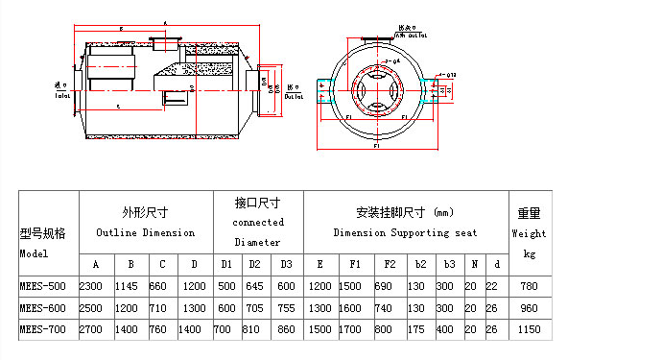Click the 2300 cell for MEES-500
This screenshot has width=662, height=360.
pos(90,287)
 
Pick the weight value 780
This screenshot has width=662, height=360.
pos(529,287)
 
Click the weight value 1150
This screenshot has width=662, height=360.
pos(529,329)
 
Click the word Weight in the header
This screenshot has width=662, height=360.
pos(529,233)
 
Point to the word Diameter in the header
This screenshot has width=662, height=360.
pos(258,243)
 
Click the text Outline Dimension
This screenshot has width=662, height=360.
pos(145,233)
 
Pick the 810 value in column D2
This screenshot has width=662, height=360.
pos(255,329)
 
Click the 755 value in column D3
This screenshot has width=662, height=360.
pos(286,308)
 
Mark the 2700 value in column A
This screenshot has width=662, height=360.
pos(90,329)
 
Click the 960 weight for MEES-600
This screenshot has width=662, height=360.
pos(529,308)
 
